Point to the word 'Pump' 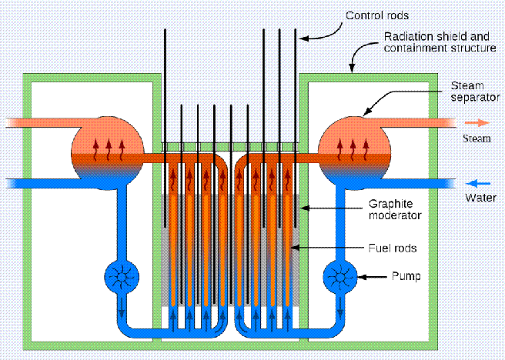(x=404, y=275)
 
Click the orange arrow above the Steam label (x=477, y=122)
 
